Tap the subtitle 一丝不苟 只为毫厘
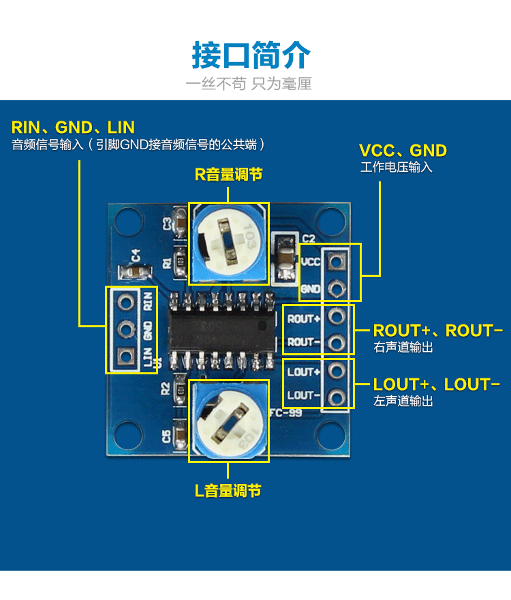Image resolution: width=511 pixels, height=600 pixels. click(x=249, y=84)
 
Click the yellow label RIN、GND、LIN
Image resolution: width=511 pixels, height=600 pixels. click(x=73, y=127)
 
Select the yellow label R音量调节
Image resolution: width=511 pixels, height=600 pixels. click(x=228, y=175)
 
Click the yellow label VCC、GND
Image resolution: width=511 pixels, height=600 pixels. click(x=403, y=151)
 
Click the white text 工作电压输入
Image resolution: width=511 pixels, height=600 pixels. click(x=396, y=167)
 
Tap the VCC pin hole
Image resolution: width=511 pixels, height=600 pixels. click(x=336, y=260)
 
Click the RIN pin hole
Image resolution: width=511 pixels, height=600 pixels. click(x=125, y=301)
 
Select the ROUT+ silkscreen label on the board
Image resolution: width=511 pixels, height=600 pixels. click(x=303, y=318)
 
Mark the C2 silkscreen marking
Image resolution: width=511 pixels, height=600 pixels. click(x=309, y=239)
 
